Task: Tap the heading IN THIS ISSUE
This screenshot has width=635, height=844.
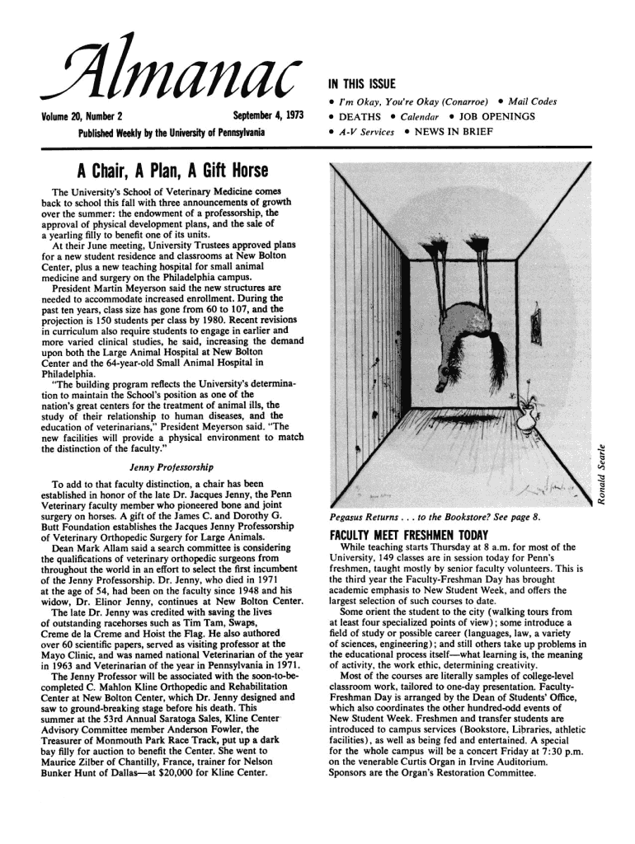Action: pyautogui.click(x=363, y=84)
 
